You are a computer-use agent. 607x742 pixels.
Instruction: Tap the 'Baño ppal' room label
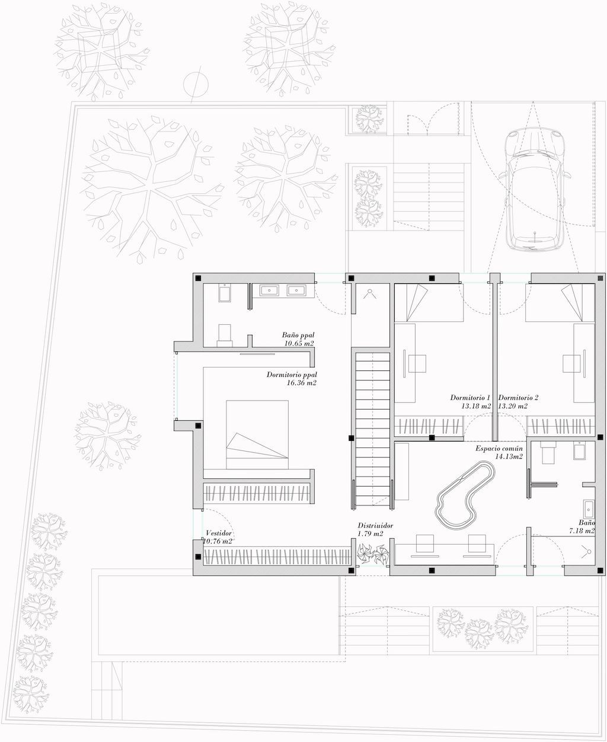(298, 335)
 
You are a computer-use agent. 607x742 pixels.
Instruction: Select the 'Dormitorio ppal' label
(292, 375)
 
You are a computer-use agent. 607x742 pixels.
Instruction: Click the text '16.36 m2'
(302, 383)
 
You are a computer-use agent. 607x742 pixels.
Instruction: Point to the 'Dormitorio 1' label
(470, 398)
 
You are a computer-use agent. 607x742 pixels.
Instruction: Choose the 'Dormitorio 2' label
(518, 398)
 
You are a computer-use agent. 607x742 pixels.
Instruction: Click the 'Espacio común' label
(499, 449)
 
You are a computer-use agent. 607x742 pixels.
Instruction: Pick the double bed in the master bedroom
(257, 434)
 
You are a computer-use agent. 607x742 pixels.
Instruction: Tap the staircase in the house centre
(372, 429)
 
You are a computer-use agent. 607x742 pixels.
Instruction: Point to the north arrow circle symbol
(196, 84)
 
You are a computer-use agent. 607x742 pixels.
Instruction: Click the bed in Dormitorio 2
(560, 303)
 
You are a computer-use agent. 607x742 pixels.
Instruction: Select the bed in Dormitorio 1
(429, 303)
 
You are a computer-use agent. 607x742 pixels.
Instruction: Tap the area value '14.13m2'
(509, 457)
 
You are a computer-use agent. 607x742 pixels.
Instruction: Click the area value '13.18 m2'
(476, 405)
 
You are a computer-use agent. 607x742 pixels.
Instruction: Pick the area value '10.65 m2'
(299, 343)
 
